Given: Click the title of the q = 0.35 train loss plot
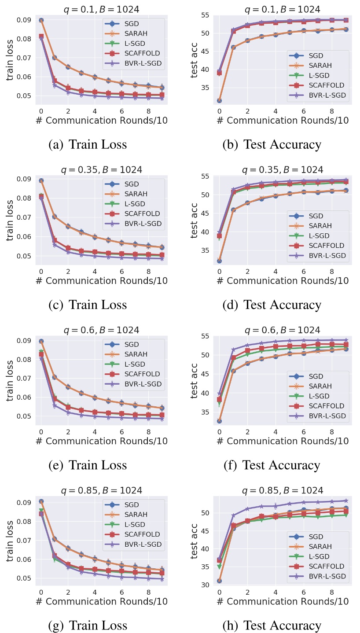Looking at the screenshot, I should pyautogui.click(x=101, y=170).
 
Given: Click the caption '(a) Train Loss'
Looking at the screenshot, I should pyautogui.click(x=88, y=144).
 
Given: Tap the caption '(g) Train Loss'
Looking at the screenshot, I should pyautogui.click(x=88, y=625).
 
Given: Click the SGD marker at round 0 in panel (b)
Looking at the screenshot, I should pyautogui.click(x=219, y=100).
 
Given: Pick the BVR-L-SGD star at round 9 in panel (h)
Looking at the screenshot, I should pyautogui.click(x=345, y=501).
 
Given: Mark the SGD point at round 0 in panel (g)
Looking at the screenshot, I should pyautogui.click(x=41, y=502).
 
